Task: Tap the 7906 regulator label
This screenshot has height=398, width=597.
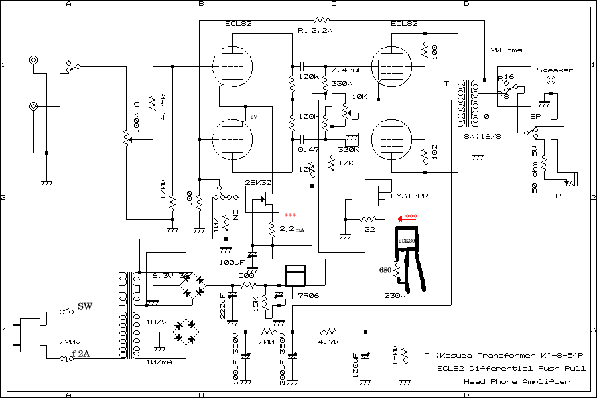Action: click(x=308, y=295)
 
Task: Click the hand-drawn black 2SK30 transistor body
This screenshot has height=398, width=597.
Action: click(x=407, y=241)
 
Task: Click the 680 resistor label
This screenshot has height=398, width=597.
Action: click(x=385, y=270)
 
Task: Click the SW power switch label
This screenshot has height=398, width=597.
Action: click(x=85, y=306)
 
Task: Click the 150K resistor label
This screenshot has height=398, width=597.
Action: click(x=396, y=354)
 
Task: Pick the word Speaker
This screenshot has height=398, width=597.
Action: click(x=555, y=70)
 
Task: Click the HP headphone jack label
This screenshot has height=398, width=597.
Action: click(x=556, y=196)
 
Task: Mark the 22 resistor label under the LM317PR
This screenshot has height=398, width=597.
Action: click(x=369, y=229)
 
